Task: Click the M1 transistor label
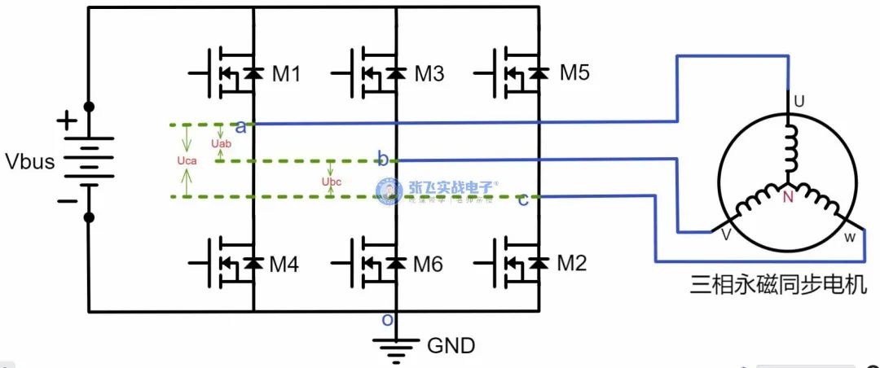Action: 286,74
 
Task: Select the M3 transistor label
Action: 429,74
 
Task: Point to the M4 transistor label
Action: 284,265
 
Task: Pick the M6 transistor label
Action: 429,265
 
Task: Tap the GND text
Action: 451,346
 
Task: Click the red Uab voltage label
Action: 221,144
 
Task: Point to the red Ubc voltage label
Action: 332,181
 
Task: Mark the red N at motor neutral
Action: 788,197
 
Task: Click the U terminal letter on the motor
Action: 799,102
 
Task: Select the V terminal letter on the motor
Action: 725,234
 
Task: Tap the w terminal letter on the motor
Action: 849,237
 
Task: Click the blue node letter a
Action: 240,126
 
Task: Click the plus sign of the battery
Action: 64,123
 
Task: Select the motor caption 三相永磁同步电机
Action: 772,286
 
